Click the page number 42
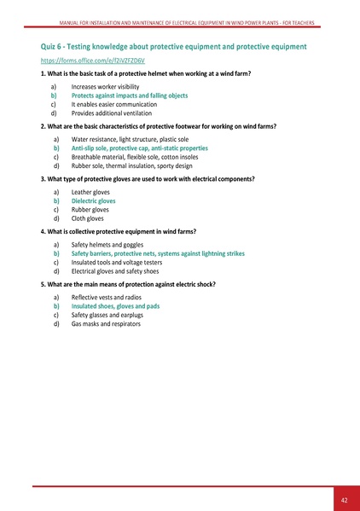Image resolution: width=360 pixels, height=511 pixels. point(343,499)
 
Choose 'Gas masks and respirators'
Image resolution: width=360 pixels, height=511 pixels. point(106,323)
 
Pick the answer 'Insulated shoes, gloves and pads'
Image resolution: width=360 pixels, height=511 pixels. point(115,305)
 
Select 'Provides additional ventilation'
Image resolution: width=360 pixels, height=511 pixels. point(113,113)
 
